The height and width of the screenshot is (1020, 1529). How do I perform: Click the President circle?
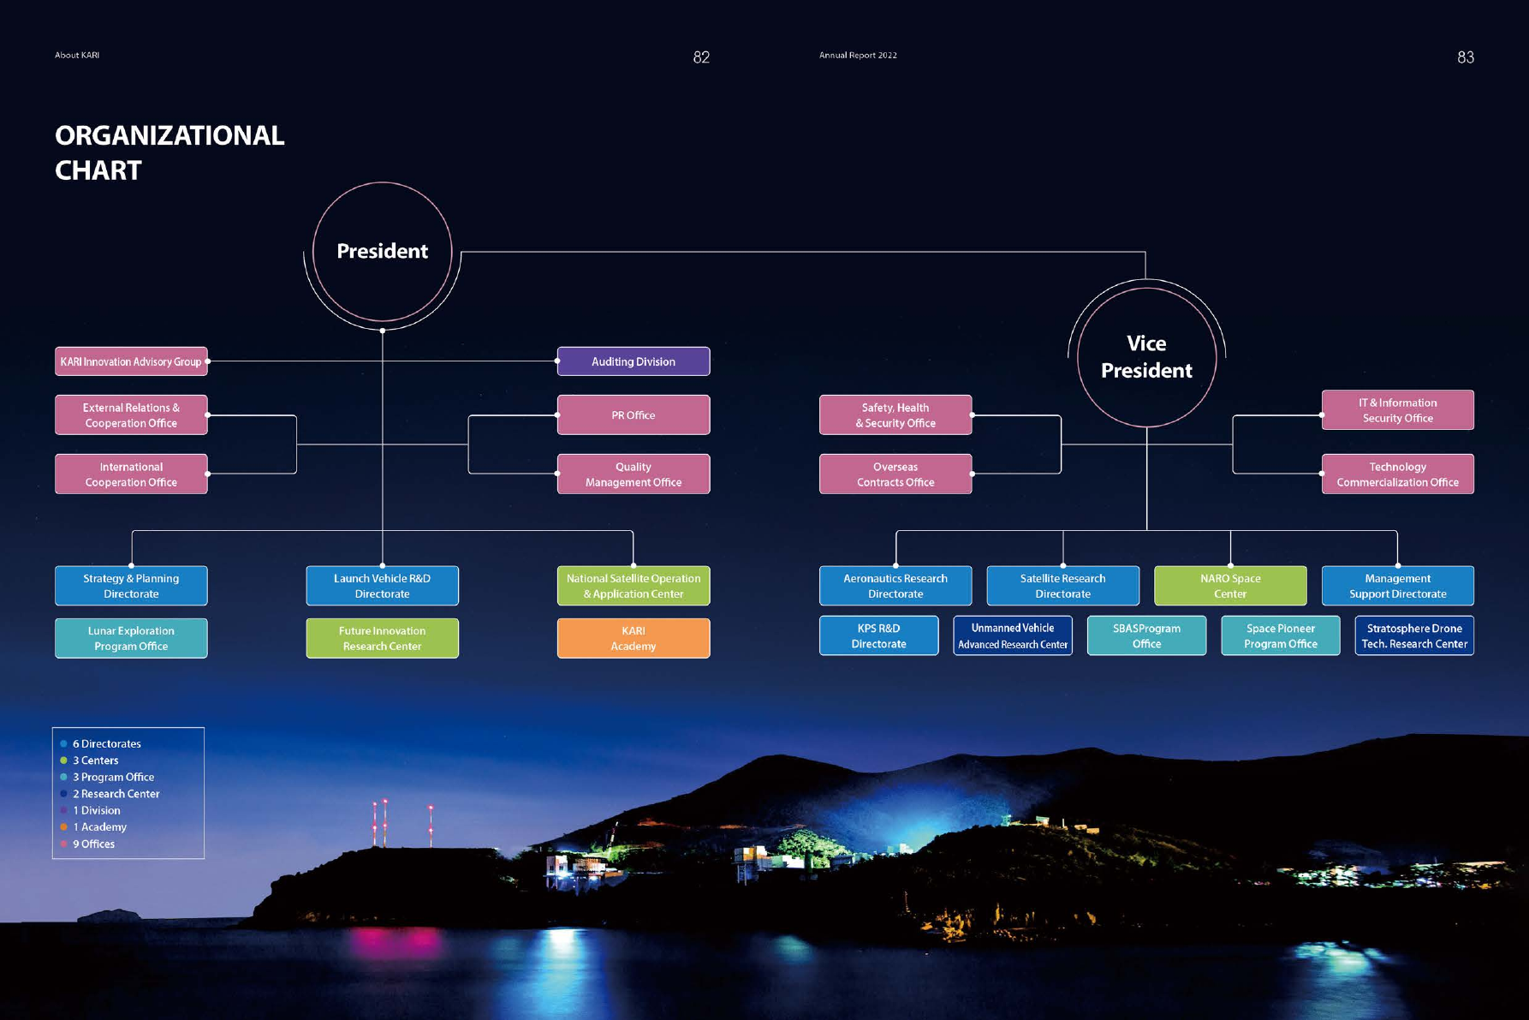[382, 251]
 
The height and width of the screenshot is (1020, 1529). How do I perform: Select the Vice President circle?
[1146, 357]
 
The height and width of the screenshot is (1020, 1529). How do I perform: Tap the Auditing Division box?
[633, 361]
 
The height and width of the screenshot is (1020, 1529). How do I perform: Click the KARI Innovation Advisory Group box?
[131, 361]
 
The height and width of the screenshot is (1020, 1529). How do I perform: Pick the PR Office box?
[633, 415]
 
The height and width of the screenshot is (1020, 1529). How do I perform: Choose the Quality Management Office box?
[633, 474]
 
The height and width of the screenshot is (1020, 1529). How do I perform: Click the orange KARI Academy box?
[633, 638]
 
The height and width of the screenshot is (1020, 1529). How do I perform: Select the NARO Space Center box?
[1229, 586]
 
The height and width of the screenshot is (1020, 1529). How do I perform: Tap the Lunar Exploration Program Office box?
[131, 638]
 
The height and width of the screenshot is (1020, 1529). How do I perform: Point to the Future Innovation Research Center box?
[382, 638]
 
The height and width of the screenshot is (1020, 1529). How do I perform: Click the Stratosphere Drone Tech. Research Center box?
[1413, 635]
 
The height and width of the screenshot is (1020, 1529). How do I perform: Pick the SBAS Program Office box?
[1146, 635]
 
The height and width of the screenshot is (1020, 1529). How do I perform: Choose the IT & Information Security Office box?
[1397, 410]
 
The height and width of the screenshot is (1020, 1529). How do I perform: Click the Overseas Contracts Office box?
[895, 474]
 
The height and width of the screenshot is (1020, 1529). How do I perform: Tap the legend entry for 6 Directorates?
[106, 743]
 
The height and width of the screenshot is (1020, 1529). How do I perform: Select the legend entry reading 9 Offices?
[93, 844]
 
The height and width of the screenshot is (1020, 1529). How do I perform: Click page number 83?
[1465, 57]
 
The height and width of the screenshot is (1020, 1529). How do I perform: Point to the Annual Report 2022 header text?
[858, 55]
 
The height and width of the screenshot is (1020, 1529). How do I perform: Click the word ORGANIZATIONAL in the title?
[170, 135]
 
